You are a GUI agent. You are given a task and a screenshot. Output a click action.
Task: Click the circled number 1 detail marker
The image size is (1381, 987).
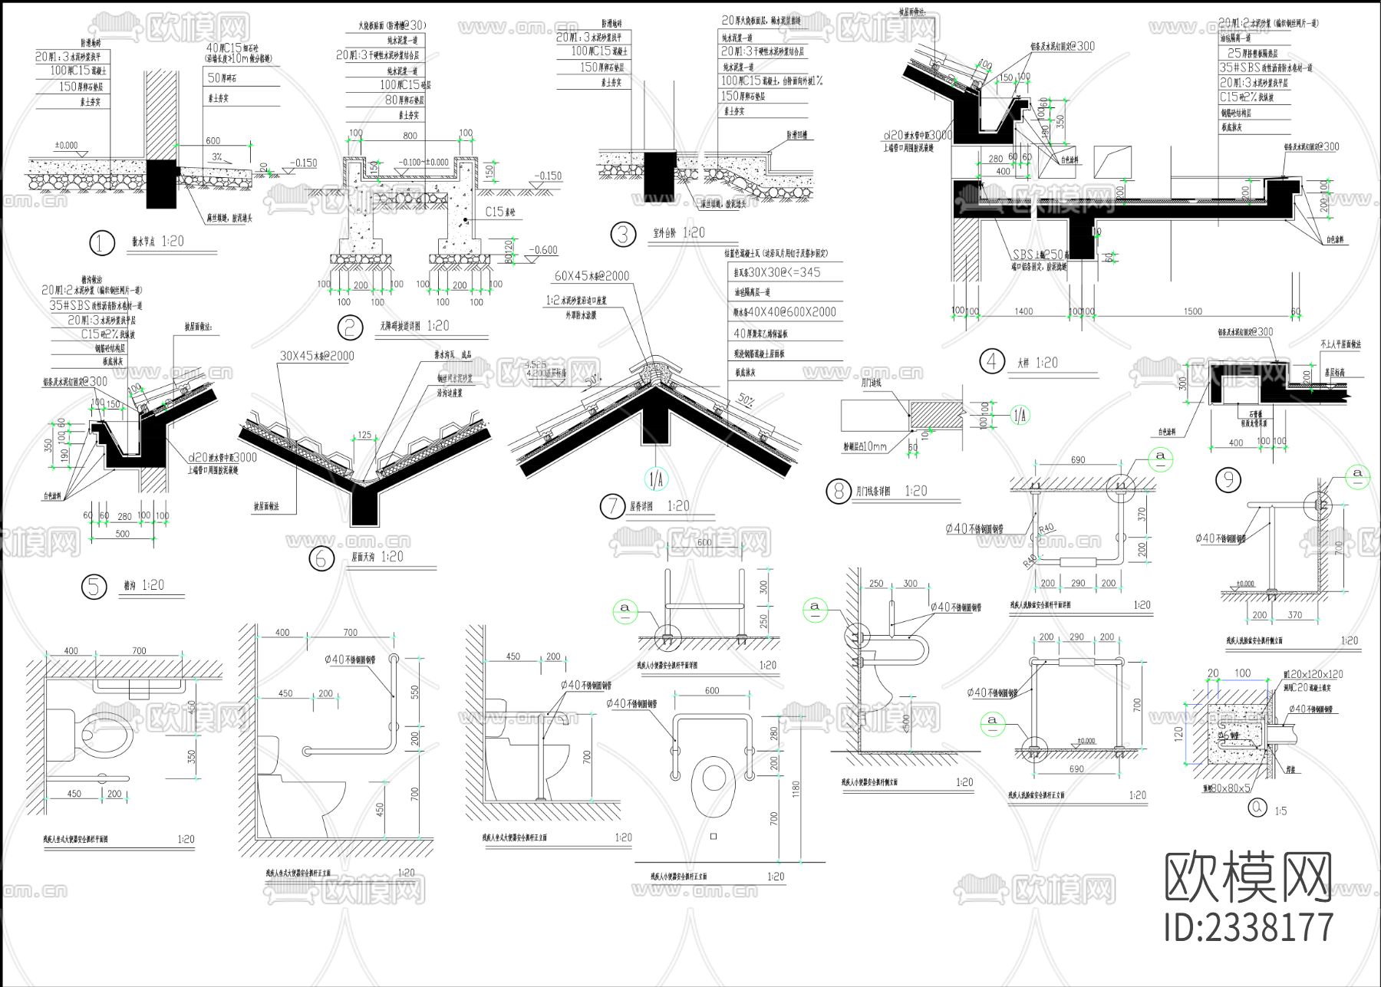click(x=101, y=243)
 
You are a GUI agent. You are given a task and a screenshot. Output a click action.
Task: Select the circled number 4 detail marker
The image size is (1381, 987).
click(x=992, y=361)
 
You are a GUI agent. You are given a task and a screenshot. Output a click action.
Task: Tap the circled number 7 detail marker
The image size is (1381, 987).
click(x=612, y=506)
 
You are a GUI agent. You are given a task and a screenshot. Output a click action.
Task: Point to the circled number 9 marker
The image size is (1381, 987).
click(x=1228, y=480)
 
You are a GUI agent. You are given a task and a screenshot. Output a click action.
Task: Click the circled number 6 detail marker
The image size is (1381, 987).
click(x=321, y=558)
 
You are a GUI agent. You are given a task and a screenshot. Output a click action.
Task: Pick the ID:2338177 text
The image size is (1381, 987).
click(x=1249, y=927)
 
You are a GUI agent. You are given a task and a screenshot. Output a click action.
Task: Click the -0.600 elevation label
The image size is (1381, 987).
click(x=543, y=250)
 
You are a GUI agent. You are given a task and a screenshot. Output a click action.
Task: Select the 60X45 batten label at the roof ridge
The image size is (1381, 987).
click(x=592, y=276)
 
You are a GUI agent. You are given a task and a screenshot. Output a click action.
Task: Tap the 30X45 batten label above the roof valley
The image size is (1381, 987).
click(x=317, y=356)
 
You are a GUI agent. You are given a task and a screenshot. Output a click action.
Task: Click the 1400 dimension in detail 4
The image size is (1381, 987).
click(x=1023, y=311)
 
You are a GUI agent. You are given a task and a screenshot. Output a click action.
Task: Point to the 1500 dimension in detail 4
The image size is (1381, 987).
click(x=1192, y=311)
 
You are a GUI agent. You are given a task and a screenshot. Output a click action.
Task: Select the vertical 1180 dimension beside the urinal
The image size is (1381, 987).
click(x=796, y=788)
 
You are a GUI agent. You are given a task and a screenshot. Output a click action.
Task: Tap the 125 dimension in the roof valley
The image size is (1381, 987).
click(x=364, y=435)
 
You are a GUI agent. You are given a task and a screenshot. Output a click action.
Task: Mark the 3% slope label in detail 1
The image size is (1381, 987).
click(x=217, y=157)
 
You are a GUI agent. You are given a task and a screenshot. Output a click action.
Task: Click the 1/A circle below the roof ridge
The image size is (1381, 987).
click(x=656, y=480)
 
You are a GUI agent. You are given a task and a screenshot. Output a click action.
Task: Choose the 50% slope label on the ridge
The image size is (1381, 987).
click(x=745, y=400)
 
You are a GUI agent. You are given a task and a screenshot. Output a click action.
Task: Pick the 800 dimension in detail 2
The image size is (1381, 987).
click(x=410, y=136)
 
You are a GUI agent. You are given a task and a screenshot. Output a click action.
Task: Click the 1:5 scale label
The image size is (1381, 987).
click(x=1280, y=811)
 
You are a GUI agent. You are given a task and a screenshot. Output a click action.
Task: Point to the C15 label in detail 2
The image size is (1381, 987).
click(x=500, y=212)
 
